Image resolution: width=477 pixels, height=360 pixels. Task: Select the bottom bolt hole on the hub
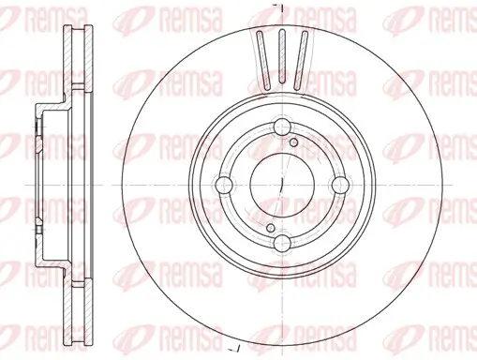point(282,245)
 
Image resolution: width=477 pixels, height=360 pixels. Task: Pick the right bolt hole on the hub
point(338,187)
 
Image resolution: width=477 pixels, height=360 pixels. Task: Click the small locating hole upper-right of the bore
point(294,142)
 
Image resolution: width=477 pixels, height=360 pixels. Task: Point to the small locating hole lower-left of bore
point(269,228)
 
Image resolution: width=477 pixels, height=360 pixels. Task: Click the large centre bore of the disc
point(282,187)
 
